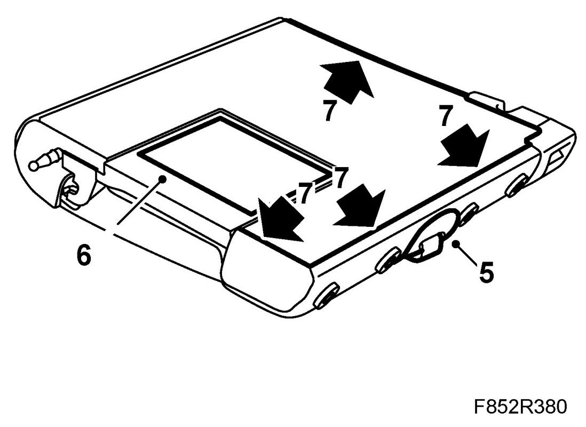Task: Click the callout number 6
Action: (x=83, y=255)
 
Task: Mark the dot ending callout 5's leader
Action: (x=455, y=244)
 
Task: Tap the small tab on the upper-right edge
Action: (x=487, y=101)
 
